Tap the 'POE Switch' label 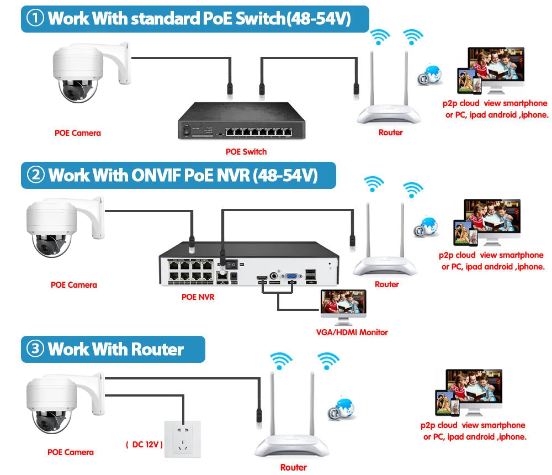246,151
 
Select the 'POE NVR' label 198,297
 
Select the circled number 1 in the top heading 36,19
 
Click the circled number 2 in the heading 36,176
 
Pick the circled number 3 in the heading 36,350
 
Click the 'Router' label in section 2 386,284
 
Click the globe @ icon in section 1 430,75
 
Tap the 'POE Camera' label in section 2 73,285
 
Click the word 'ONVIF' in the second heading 157,176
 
